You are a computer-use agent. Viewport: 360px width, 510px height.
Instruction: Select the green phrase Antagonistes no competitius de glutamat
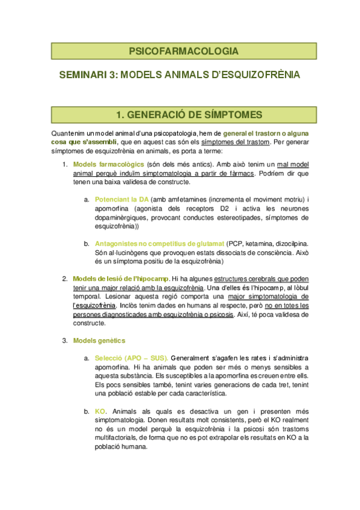[159, 244]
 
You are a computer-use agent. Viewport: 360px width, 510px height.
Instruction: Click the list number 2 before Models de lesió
[65, 278]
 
